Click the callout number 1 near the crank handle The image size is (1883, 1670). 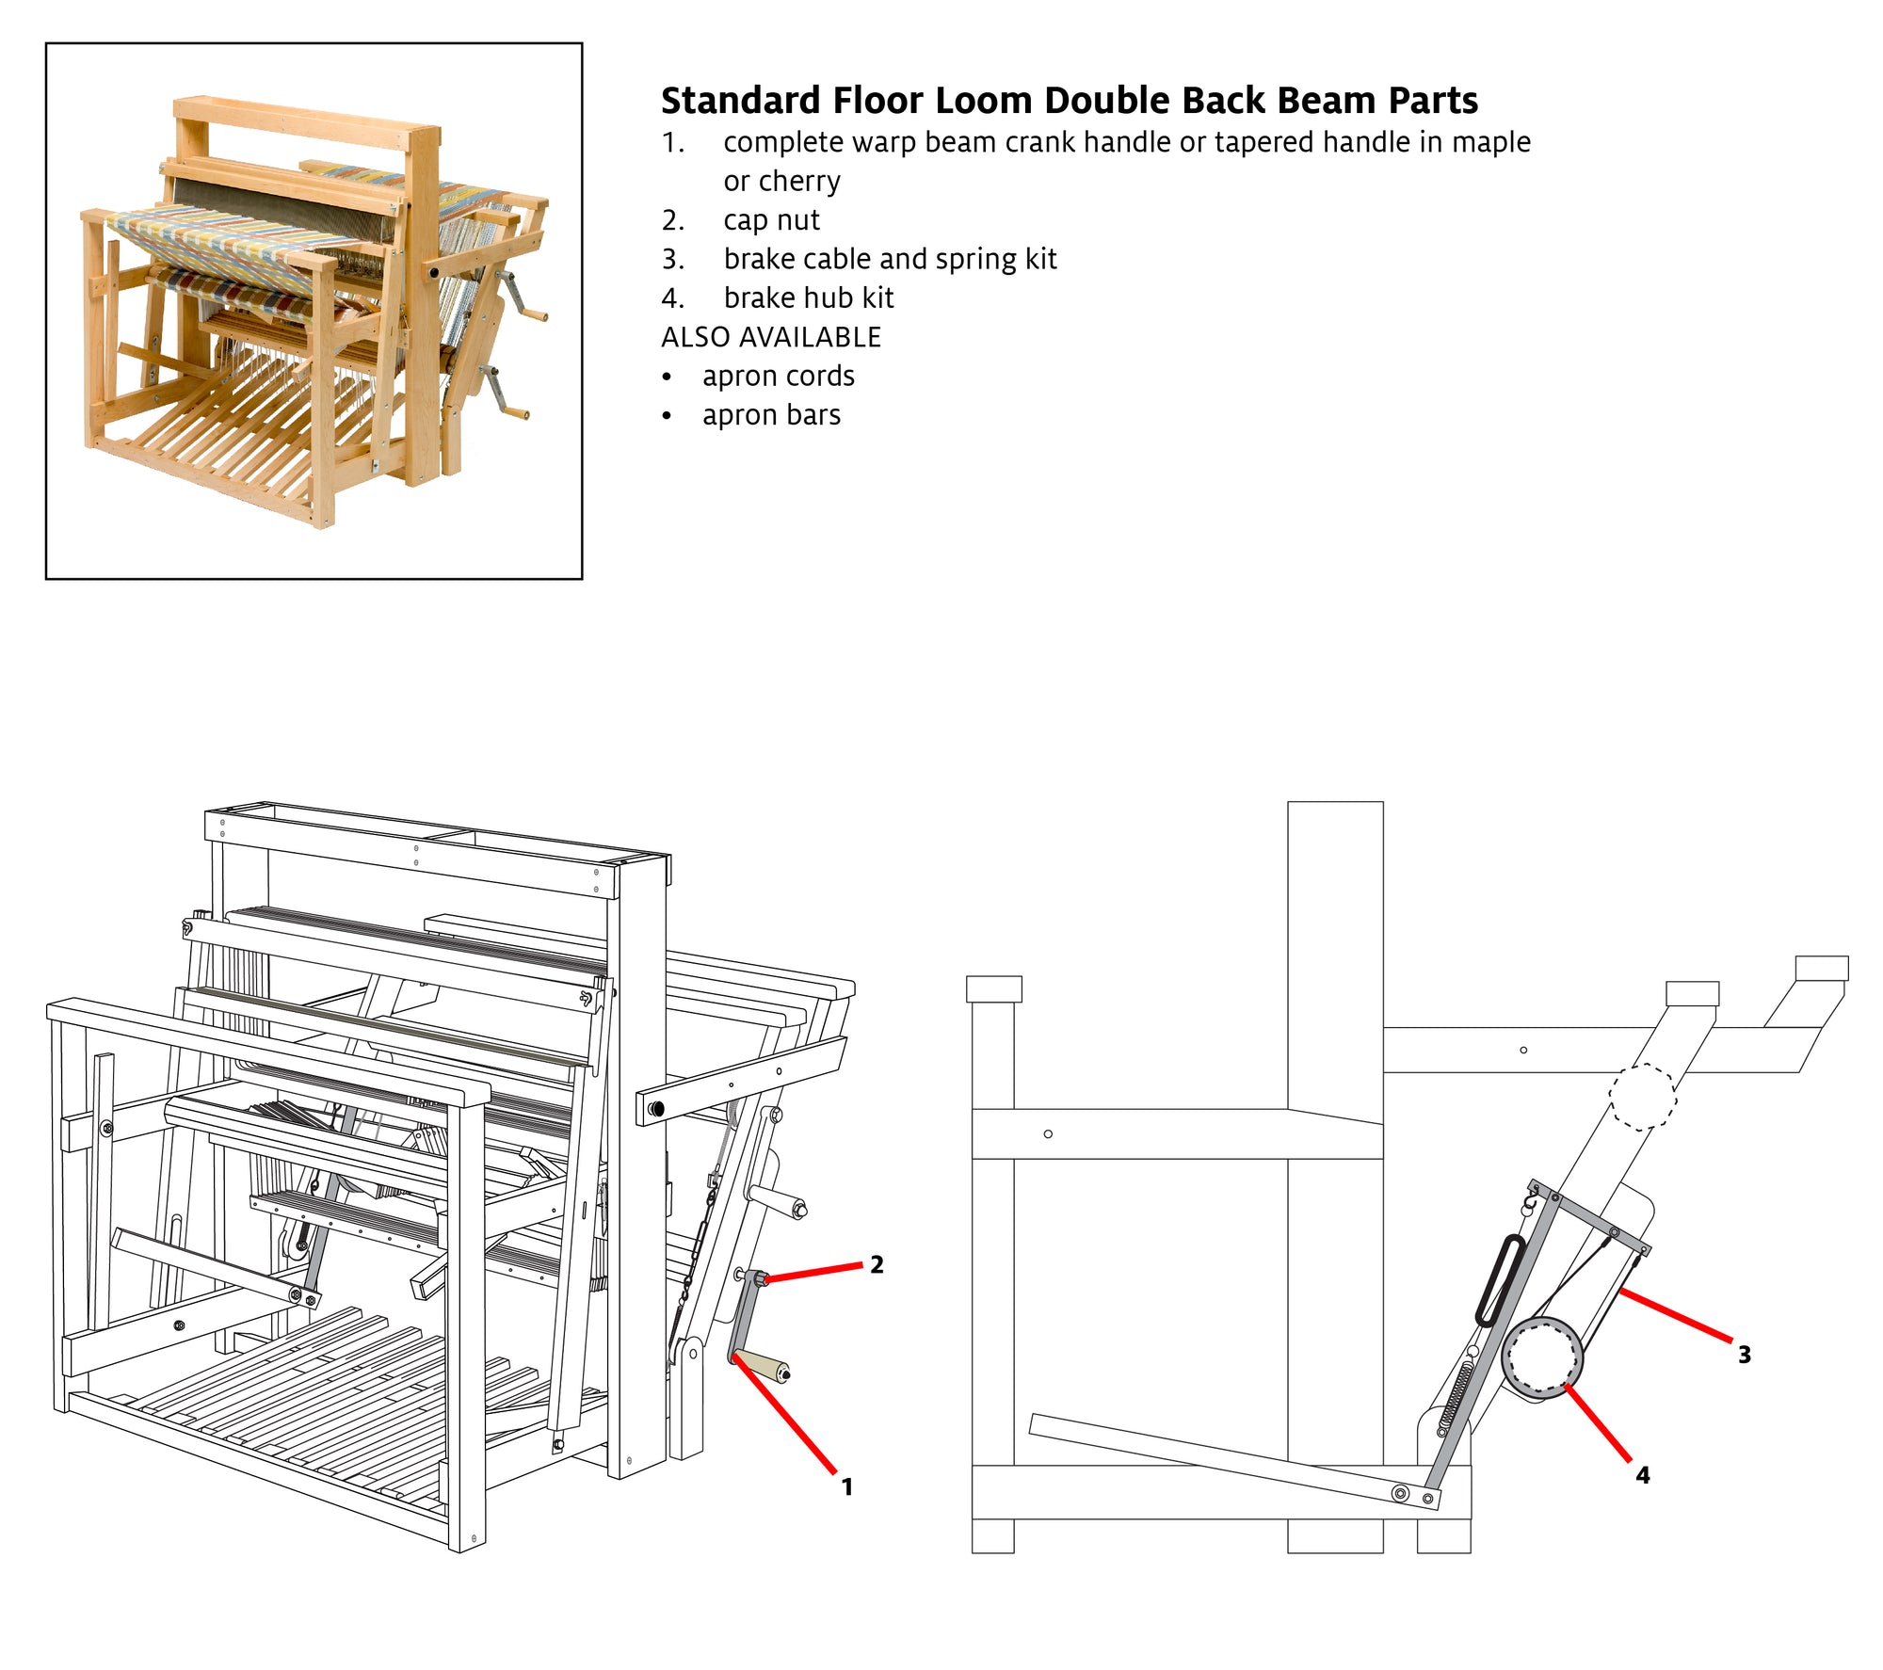click(846, 1486)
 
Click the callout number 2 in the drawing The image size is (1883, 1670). click(877, 1264)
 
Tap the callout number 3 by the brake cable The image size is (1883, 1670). click(1744, 1355)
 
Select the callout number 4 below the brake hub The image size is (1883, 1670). click(1642, 1475)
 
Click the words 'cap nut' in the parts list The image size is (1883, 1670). click(771, 220)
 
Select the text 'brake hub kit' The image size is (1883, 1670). click(808, 298)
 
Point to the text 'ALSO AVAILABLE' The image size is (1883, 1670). click(770, 337)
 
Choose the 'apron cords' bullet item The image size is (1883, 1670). click(778, 377)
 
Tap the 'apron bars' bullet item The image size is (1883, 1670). click(771, 415)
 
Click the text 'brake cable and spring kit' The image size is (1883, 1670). click(890, 259)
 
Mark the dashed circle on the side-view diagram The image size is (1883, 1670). click(1642, 1097)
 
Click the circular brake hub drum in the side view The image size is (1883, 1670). click(1542, 1357)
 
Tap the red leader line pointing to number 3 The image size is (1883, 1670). click(1676, 1315)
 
